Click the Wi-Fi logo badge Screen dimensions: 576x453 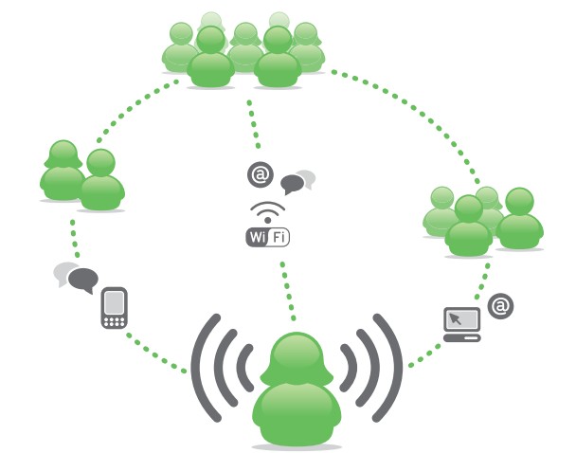(x=267, y=237)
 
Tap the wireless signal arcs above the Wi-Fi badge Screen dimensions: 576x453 (x=268, y=210)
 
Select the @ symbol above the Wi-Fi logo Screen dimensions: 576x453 (x=261, y=174)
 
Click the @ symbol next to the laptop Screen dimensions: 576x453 (x=501, y=306)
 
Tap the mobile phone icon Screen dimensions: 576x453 (x=115, y=308)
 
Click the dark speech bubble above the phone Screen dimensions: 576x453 (x=83, y=281)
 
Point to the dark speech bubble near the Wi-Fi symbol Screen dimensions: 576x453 (x=293, y=184)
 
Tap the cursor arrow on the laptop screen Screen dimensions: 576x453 (x=456, y=318)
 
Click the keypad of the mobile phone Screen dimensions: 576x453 (x=115, y=322)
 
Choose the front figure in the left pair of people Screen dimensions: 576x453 (x=101, y=180)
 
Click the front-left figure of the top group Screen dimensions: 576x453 (x=210, y=57)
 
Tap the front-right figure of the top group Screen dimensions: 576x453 (x=278, y=57)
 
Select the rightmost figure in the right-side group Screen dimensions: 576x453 (x=519, y=218)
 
